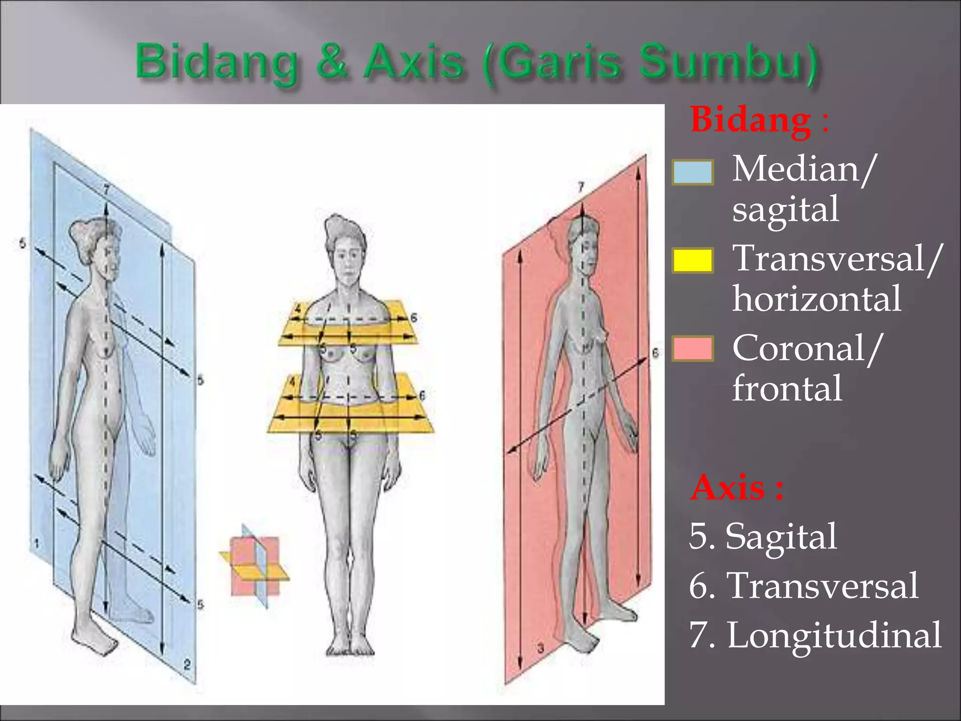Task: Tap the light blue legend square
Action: (x=693, y=172)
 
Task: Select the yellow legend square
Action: (x=693, y=261)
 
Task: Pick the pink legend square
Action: (x=693, y=349)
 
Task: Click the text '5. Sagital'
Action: (x=763, y=537)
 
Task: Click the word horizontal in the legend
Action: (x=816, y=299)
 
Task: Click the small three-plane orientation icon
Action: (x=255, y=566)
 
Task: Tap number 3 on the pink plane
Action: (x=540, y=649)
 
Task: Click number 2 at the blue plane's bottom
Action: (x=187, y=664)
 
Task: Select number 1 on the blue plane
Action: (x=37, y=544)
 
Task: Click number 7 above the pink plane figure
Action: (x=581, y=187)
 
